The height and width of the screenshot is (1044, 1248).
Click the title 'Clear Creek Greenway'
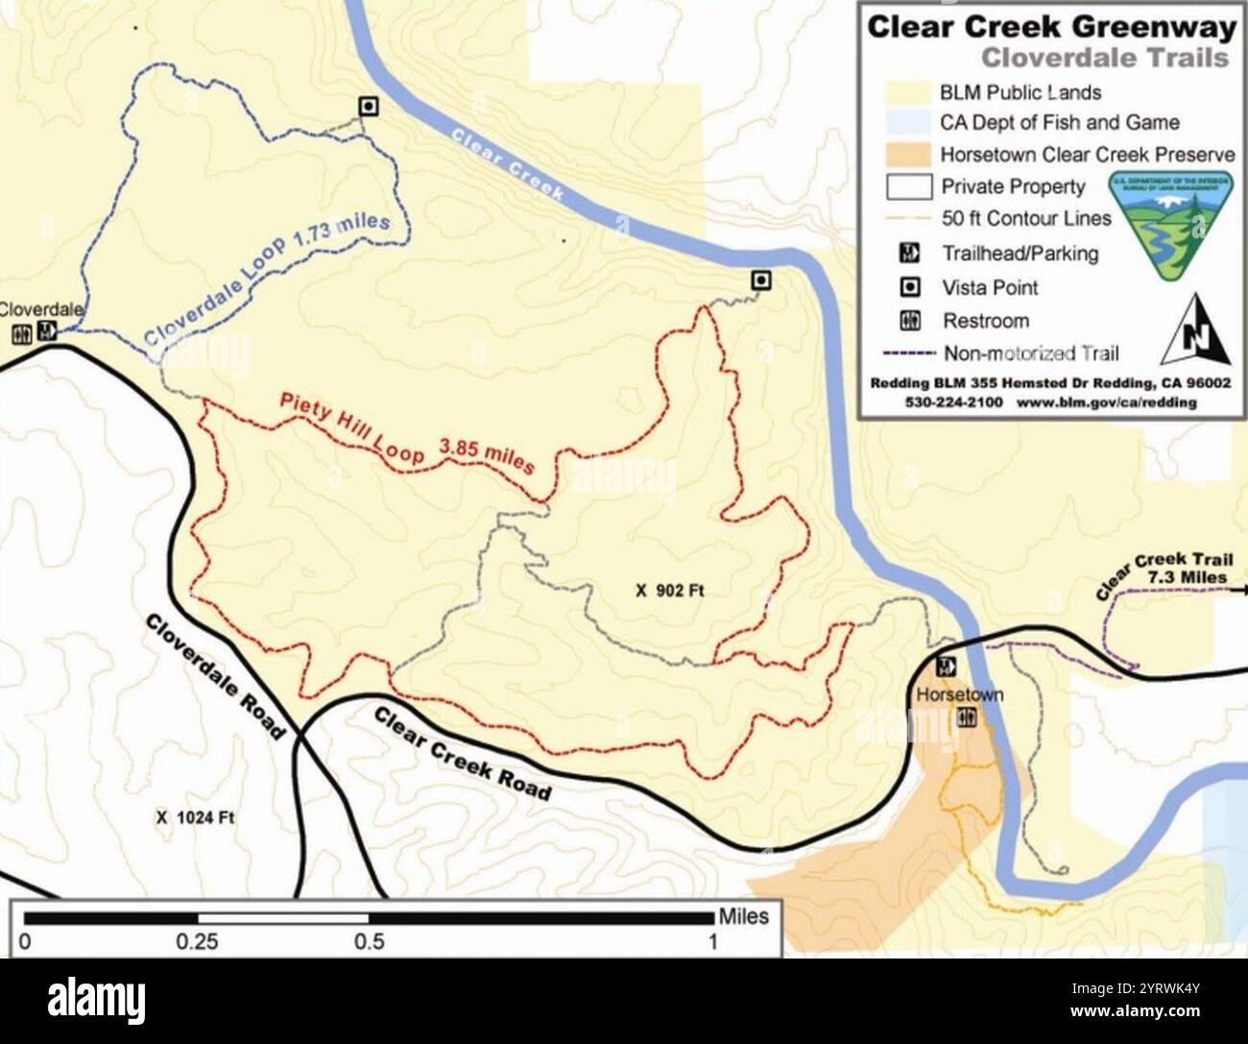click(1050, 27)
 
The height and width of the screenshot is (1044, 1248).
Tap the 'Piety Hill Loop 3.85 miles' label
click(405, 433)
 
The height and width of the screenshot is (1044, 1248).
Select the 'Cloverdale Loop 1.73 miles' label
click(268, 279)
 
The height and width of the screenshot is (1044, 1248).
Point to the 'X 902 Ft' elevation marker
click(669, 590)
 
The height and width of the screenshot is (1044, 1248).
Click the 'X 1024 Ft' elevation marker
click(195, 817)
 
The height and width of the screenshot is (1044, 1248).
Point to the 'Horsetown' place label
click(959, 694)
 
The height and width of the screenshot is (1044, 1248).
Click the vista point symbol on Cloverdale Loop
click(368, 106)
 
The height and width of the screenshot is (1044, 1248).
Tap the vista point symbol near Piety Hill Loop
click(761, 280)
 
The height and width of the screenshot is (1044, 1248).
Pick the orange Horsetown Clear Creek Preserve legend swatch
click(907, 155)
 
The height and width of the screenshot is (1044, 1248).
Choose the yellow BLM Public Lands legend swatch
click(907, 92)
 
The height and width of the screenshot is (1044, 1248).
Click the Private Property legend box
click(907, 186)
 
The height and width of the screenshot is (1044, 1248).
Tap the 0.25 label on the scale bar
click(197, 942)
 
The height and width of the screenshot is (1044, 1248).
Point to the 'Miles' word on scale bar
click(744, 916)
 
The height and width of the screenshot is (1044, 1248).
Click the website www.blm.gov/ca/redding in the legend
click(1106, 401)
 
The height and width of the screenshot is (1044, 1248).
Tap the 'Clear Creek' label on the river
click(507, 165)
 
